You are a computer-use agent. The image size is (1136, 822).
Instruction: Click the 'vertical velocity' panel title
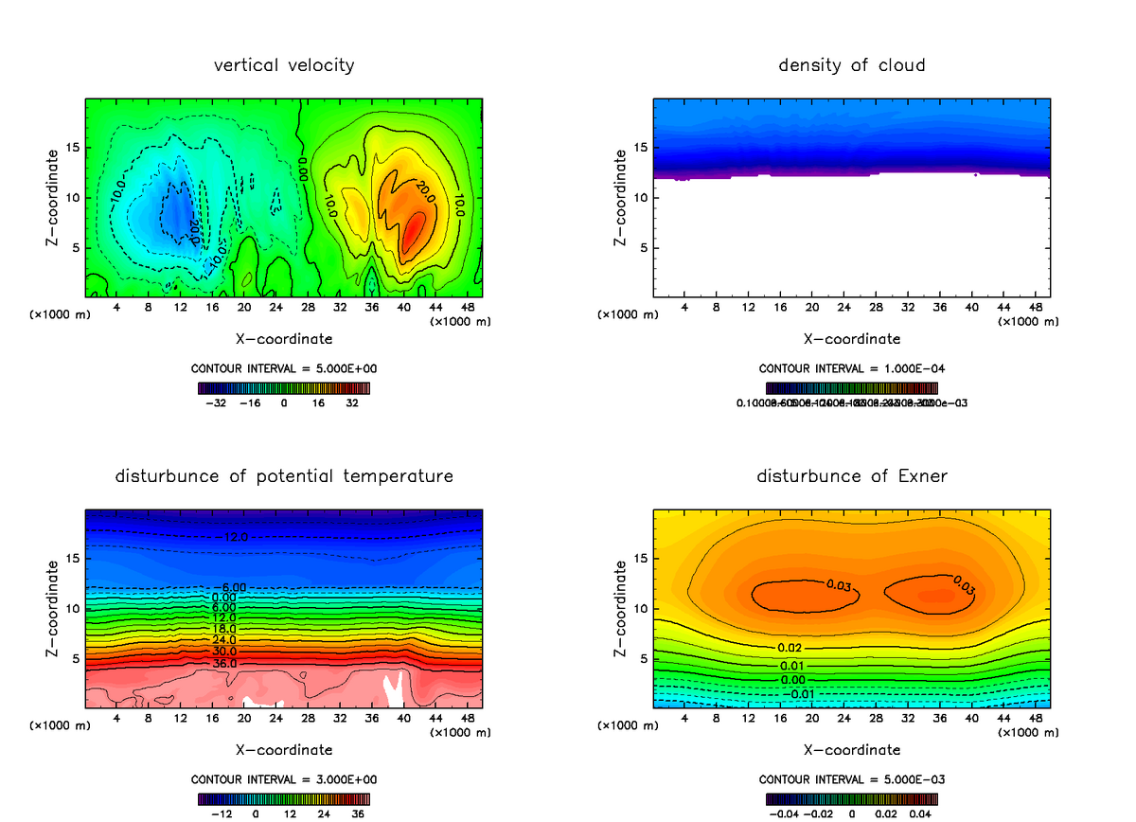[284, 65]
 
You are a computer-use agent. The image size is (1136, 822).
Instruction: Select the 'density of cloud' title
[851, 65]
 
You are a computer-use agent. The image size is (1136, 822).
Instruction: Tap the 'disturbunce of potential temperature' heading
[284, 475]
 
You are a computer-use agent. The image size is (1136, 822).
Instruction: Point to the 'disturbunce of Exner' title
[851, 475]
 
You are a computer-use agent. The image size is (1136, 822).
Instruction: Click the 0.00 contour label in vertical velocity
[302, 168]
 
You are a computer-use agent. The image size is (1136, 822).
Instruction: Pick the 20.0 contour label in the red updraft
[422, 188]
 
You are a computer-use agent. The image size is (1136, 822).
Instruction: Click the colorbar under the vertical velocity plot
[284, 387]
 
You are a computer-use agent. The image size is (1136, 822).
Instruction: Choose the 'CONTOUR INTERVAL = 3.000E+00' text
[284, 779]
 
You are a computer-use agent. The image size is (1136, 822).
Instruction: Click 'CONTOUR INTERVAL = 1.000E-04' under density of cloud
[851, 368]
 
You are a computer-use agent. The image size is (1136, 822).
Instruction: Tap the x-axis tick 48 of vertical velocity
[467, 307]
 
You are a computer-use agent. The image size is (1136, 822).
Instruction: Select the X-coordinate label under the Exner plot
[851, 749]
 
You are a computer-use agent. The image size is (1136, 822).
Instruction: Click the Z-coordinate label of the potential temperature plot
[53, 606]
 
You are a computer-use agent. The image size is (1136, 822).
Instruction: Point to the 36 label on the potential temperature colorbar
[359, 813]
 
